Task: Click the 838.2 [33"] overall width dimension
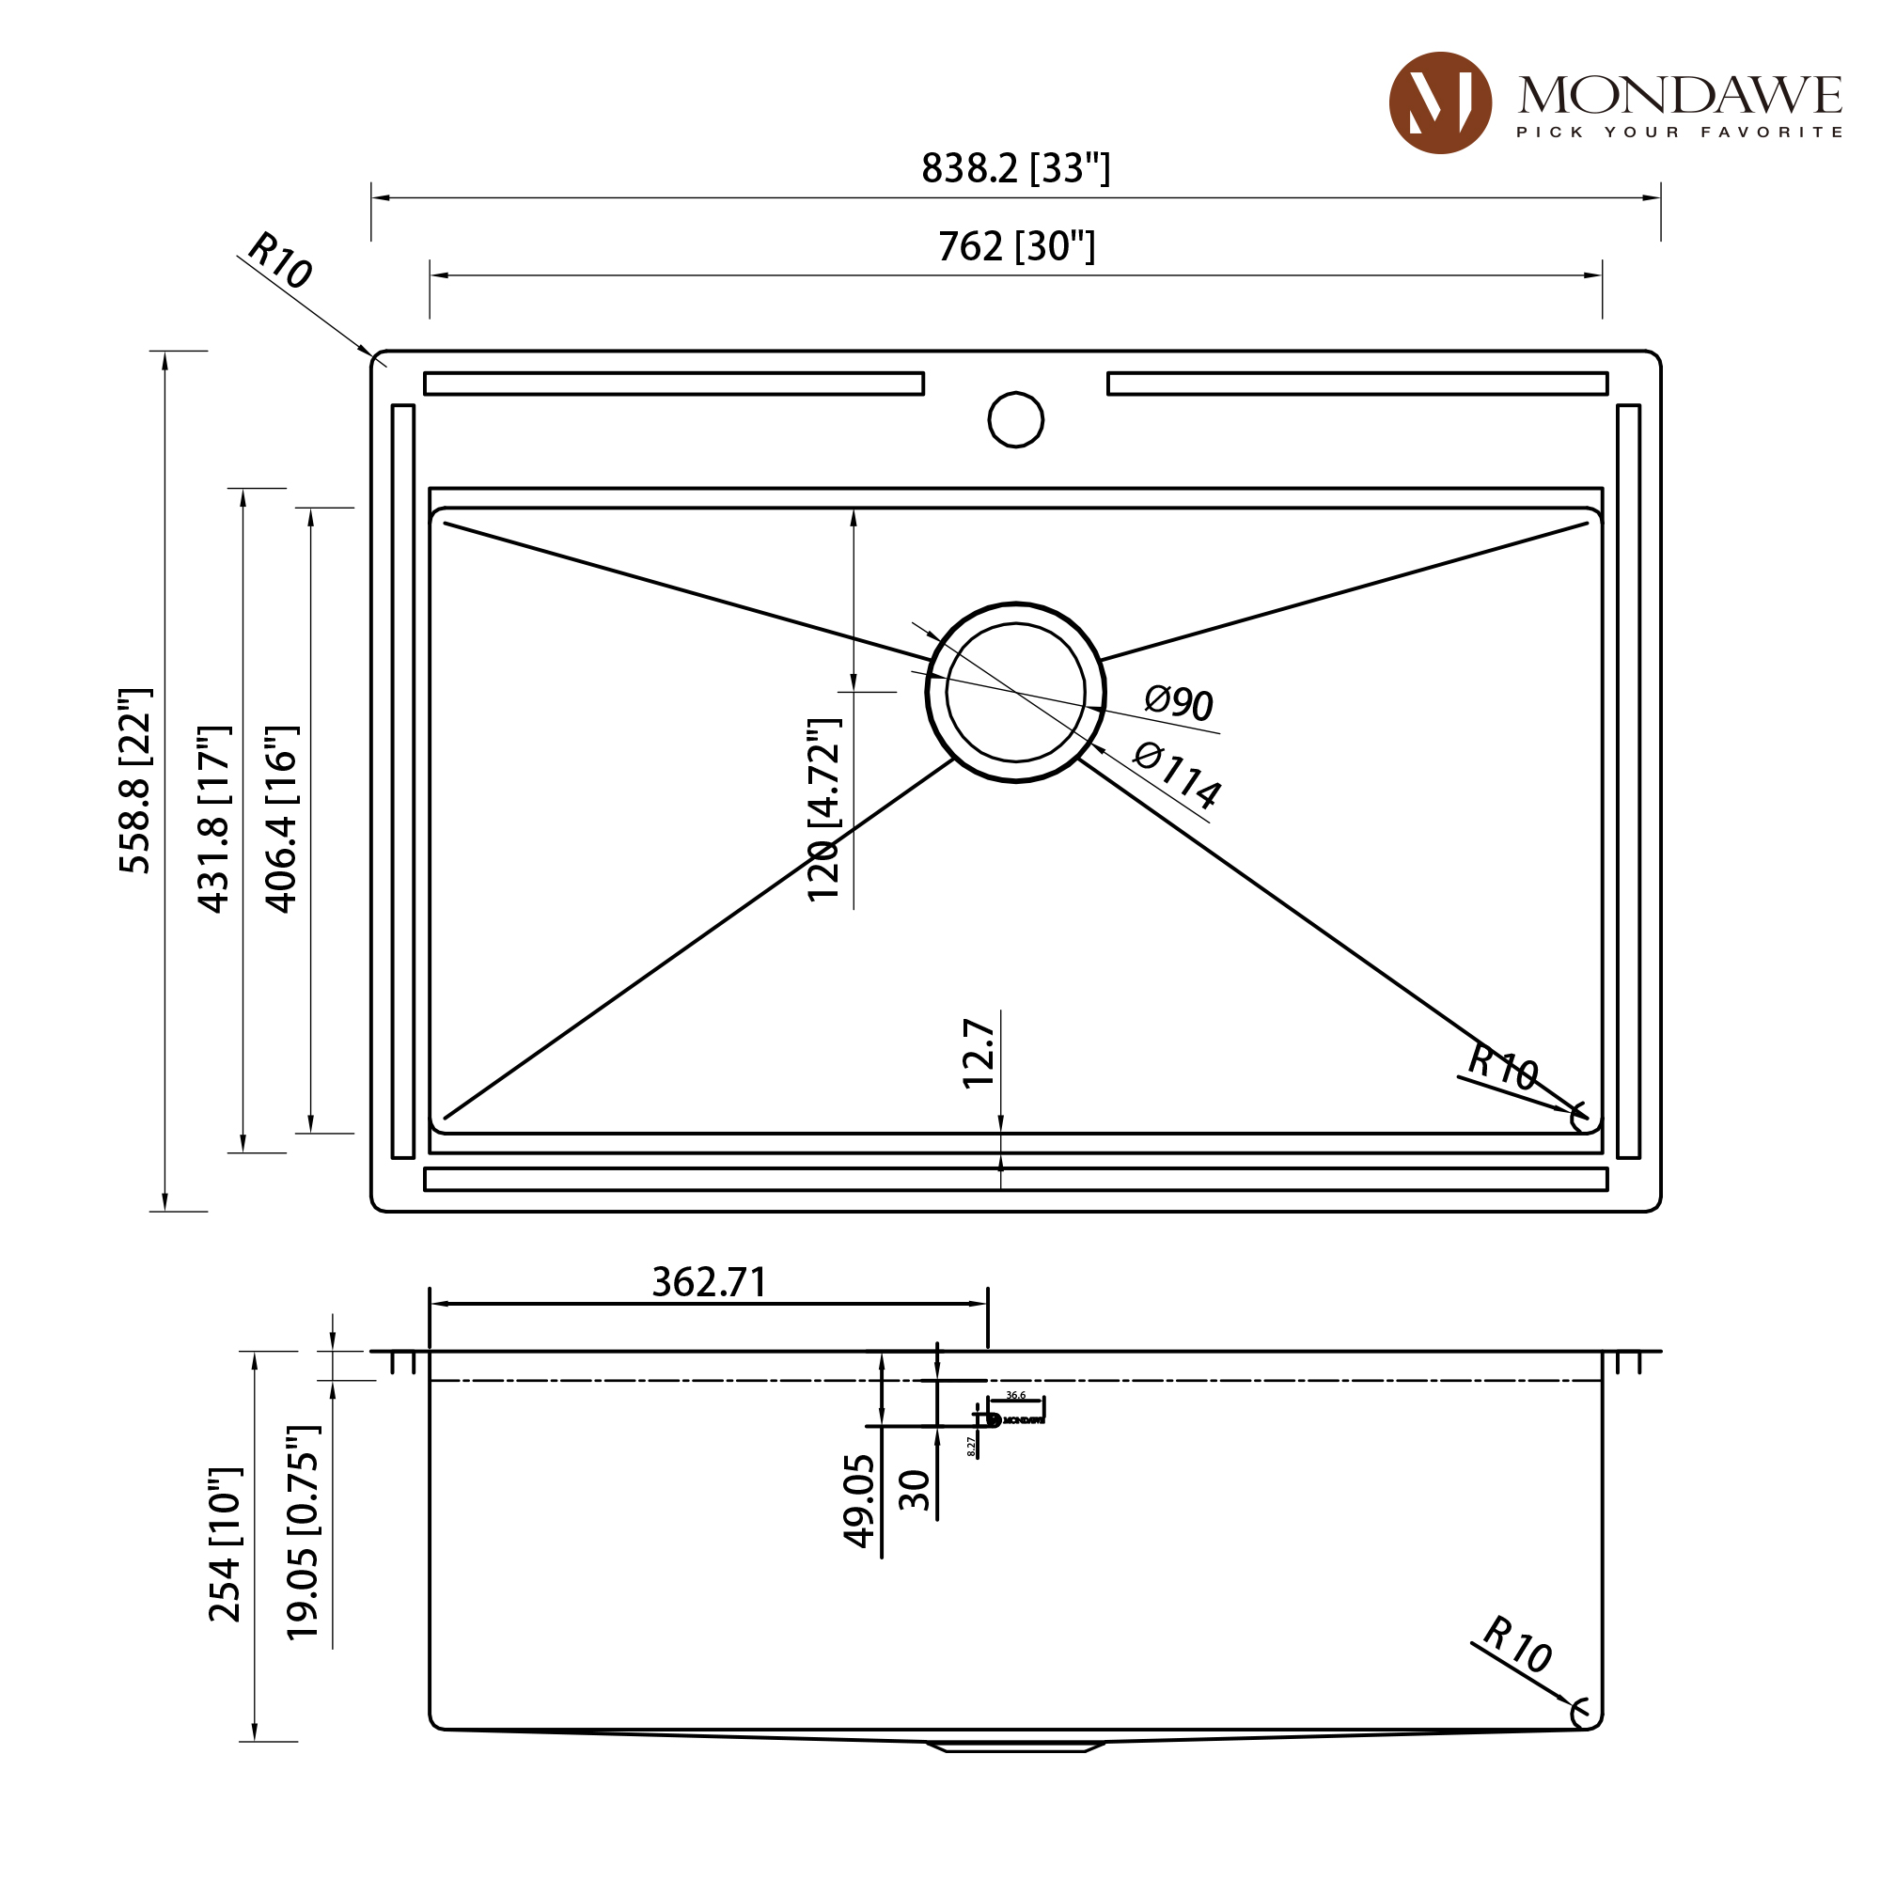tap(1015, 168)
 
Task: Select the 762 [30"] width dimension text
tap(1016, 246)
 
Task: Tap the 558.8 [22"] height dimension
tap(135, 780)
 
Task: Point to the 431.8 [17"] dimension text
tap(214, 819)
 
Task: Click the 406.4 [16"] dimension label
tap(281, 819)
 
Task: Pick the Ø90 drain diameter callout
tap(1178, 701)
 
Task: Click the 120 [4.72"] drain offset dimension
tap(823, 809)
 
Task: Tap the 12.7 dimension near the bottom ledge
tap(978, 1053)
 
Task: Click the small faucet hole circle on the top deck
tap(1015, 419)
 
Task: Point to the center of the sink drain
tap(1015, 692)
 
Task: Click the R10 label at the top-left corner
tap(279, 260)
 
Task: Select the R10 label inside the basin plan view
tap(1501, 1068)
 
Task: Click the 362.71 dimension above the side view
tap(709, 1282)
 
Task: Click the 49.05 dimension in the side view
tap(859, 1499)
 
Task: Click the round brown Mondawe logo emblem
tap(1439, 103)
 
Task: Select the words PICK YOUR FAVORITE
tap(1679, 133)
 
